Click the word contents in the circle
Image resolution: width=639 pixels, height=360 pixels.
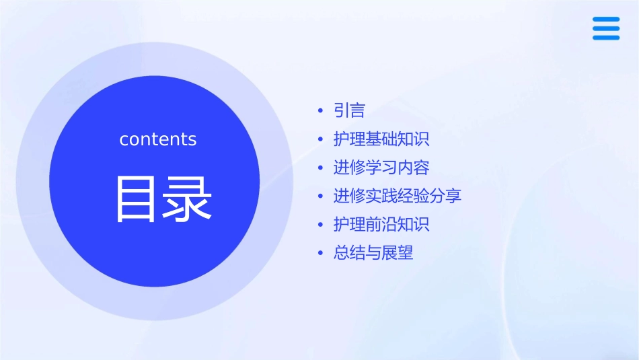point(158,139)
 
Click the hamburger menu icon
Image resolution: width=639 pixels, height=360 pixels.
point(606,28)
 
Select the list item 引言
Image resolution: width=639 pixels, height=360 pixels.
point(349,110)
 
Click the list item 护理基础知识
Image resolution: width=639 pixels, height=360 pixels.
point(381,139)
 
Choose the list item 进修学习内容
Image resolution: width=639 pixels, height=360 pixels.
point(381,168)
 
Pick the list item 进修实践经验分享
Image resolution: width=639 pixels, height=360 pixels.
point(398,196)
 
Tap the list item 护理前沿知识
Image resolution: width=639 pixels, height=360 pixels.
point(381,225)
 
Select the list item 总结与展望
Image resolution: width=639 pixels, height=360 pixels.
point(373,254)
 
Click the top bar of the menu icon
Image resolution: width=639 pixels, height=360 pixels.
point(606,20)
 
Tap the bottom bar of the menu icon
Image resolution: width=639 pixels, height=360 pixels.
point(606,38)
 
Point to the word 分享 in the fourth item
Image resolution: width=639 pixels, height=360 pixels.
point(446,196)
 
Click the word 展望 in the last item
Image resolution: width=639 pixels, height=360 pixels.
point(398,254)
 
